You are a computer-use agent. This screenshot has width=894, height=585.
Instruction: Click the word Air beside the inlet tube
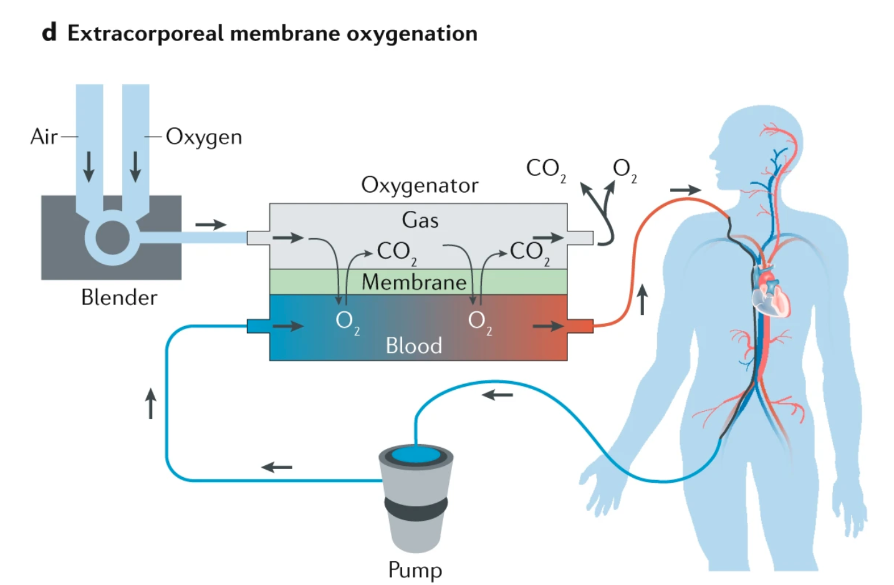click(44, 136)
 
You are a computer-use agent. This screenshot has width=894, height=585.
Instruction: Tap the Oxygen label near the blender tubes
click(203, 137)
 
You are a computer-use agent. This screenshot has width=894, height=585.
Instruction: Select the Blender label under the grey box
click(118, 297)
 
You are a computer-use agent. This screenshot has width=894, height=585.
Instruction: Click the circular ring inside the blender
click(112, 238)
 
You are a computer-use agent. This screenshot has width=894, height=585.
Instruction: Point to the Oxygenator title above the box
click(419, 185)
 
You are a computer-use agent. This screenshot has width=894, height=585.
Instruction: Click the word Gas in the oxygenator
click(420, 220)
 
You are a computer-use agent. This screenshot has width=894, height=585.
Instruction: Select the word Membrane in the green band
click(414, 282)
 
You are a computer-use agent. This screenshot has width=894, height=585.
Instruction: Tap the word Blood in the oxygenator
click(413, 346)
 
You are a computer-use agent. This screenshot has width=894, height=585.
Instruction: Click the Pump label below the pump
click(415, 569)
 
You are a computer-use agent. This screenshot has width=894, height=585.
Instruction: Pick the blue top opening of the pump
click(415, 454)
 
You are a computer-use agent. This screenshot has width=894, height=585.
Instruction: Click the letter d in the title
click(49, 32)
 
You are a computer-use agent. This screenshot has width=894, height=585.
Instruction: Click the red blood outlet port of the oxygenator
click(580, 326)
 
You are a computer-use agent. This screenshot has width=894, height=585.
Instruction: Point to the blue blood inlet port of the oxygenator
click(257, 326)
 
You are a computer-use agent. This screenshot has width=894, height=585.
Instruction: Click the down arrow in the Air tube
click(89, 166)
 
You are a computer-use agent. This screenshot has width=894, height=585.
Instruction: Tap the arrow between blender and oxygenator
click(211, 225)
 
